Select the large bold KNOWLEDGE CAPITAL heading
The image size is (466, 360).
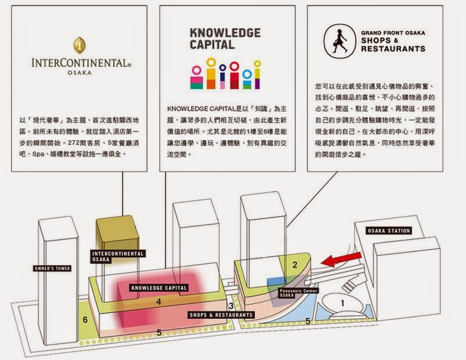(x=225, y=38)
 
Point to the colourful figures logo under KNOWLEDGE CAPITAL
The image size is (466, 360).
(x=225, y=73)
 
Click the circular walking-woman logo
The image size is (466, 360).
(x=338, y=40)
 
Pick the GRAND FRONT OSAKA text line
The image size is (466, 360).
(x=392, y=34)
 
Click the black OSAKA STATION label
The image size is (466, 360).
(x=389, y=231)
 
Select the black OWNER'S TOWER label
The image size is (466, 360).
(x=52, y=269)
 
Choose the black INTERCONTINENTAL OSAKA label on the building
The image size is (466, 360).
(x=117, y=256)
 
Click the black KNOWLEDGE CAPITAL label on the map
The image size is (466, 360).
(x=159, y=288)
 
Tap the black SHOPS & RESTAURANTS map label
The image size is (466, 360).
(x=221, y=315)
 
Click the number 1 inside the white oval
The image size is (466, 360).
(x=343, y=302)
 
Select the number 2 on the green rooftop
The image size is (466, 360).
(x=295, y=265)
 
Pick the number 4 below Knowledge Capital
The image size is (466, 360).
(x=158, y=302)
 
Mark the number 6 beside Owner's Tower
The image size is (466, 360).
(x=85, y=319)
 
